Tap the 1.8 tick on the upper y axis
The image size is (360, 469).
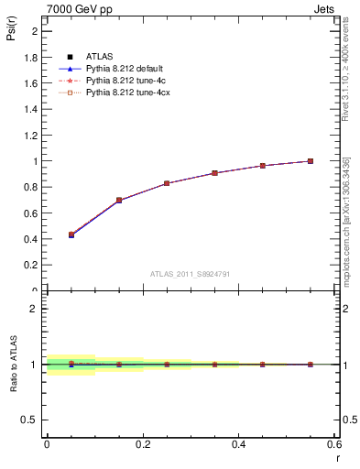coord(32,57)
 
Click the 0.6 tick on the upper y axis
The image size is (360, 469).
coord(32,213)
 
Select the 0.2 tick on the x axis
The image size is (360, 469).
coord(143,444)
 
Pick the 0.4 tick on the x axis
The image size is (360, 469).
coord(239,444)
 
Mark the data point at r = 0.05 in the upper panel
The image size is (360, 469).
coord(71,234)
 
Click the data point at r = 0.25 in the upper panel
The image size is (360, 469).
coord(167,183)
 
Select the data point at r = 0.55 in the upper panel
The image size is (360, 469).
coord(311,161)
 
